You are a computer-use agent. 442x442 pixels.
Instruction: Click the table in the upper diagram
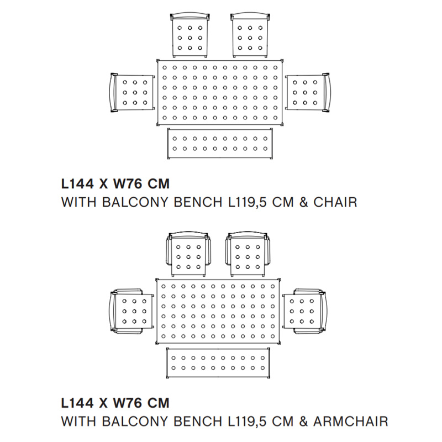[x=221, y=92]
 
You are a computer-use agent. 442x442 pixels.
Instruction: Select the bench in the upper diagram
[x=219, y=143]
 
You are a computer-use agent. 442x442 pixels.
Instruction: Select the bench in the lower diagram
[x=219, y=363]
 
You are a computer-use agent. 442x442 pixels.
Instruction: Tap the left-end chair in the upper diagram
[x=131, y=92]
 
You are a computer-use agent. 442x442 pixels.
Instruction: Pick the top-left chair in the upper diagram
[x=190, y=35]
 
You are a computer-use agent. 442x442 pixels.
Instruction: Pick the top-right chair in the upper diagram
[x=249, y=35]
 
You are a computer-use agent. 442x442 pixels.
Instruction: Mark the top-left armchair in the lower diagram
[x=188, y=254]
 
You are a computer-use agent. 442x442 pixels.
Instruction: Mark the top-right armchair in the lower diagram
[x=248, y=254]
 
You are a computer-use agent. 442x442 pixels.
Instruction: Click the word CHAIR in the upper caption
[x=335, y=202]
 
